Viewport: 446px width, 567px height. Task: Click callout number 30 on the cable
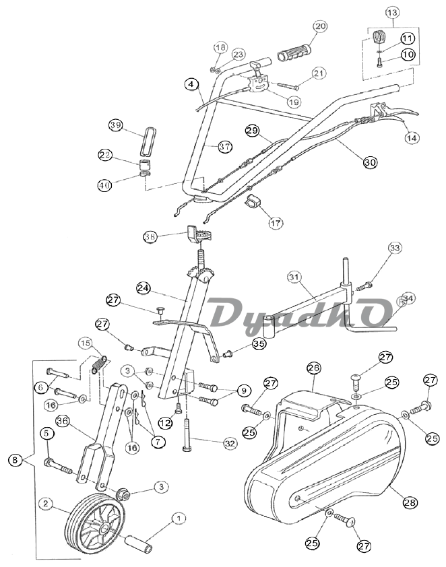[370, 162]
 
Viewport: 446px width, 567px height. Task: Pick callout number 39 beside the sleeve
[115, 126]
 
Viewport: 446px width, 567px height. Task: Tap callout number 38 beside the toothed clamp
[150, 236]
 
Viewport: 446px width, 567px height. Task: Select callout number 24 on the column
[142, 288]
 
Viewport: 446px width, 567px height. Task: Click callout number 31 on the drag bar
[292, 277]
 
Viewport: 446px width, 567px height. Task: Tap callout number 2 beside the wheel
[46, 503]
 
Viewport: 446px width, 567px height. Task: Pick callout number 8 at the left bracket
[14, 461]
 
